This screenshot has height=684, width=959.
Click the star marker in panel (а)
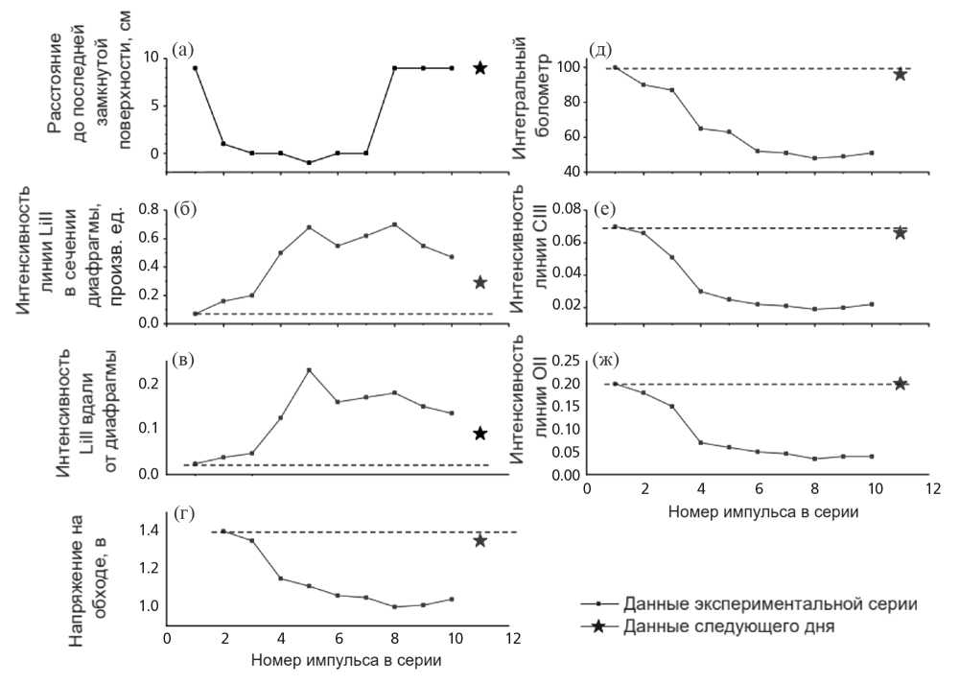(x=480, y=68)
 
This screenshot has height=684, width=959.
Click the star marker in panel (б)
(x=480, y=282)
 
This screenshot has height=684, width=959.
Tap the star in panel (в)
(x=480, y=433)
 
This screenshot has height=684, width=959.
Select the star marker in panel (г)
(x=480, y=540)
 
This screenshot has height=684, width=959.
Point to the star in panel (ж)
(x=901, y=384)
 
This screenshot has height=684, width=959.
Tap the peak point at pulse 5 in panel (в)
(x=309, y=369)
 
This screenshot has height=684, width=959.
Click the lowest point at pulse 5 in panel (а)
(x=309, y=162)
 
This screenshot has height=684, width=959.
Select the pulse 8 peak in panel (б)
(x=394, y=224)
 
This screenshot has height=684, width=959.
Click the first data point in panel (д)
(x=615, y=68)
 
